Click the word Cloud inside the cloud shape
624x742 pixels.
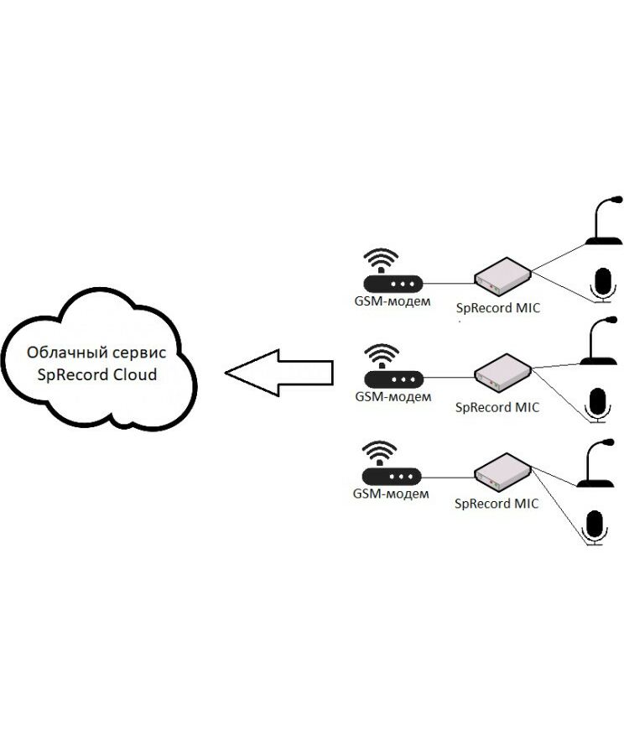point(133,374)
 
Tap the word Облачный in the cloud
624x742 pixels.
point(61,353)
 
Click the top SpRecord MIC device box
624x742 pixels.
point(502,277)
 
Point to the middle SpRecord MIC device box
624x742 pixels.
point(502,374)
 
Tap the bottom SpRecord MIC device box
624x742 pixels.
point(502,471)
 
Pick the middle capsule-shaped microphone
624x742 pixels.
point(599,404)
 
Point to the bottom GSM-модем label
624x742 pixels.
point(391,494)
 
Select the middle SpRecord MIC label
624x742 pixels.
point(497,407)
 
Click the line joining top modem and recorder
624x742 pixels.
point(449,284)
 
